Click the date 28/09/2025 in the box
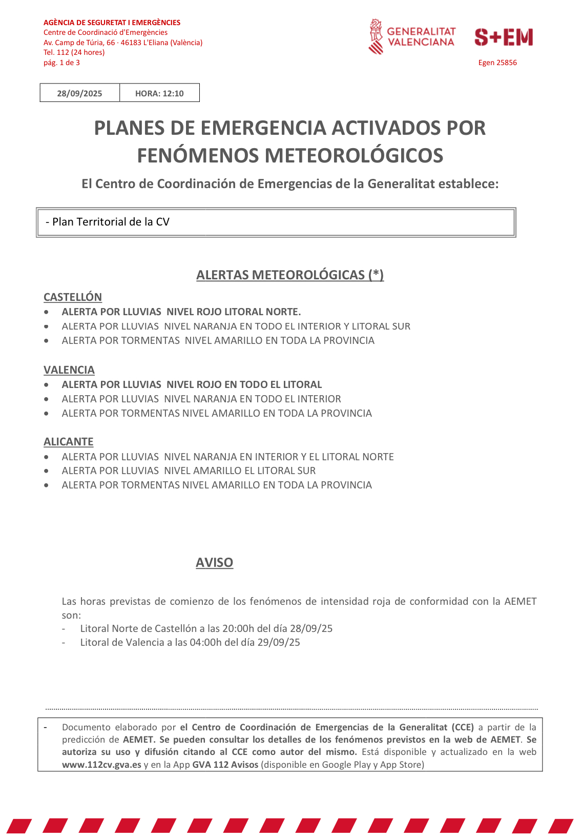pyautogui.click(x=79, y=93)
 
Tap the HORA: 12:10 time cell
pyautogui.click(x=159, y=93)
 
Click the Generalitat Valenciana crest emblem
pyautogui.click(x=376, y=37)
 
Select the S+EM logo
pyautogui.click(x=503, y=37)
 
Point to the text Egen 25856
pyautogui.click(x=497, y=63)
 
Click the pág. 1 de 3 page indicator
pyautogui.click(x=61, y=63)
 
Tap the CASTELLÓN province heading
pyautogui.click(x=73, y=297)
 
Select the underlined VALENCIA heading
pyautogui.click(x=69, y=370)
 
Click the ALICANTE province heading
pyautogui.click(x=69, y=442)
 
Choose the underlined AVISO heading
pyautogui.click(x=214, y=563)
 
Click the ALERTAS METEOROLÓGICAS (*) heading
pyautogui.click(x=290, y=275)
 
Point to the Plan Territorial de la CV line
pyautogui.click(x=108, y=222)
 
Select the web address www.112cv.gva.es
pyautogui.click(x=101, y=765)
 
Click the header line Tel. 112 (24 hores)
pyautogui.click(x=74, y=52)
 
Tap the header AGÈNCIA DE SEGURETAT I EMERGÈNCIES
pyautogui.click(x=112, y=23)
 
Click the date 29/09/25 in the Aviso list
pyautogui.click(x=279, y=642)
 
